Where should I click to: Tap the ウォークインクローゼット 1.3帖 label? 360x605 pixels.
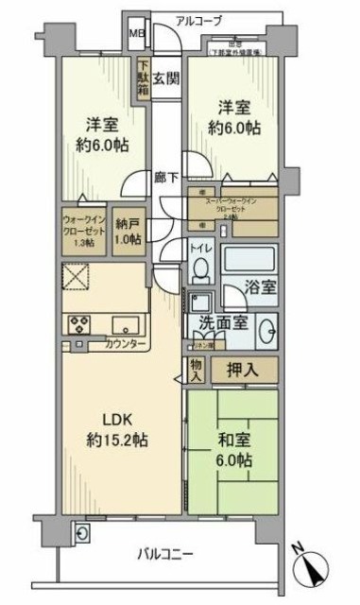pos(83,233)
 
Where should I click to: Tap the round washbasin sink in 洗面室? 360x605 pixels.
pos(266,332)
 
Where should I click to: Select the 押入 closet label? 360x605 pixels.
pos(242,369)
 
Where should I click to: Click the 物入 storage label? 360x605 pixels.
pos(196,370)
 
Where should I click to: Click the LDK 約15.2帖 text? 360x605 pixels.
pos(115,431)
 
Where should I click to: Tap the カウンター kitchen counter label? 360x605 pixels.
pos(126,343)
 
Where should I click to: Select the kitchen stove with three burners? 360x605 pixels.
pos(77,323)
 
